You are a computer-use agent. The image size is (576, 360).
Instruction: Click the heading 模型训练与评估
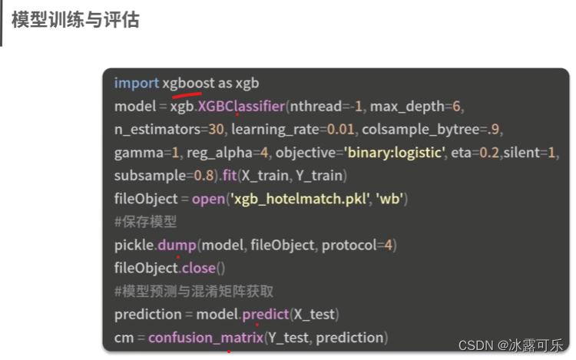click(x=75, y=20)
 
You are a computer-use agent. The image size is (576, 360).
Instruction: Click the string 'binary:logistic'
click(x=395, y=152)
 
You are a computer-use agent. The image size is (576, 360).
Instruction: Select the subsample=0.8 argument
click(x=165, y=176)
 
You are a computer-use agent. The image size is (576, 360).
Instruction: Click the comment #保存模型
click(x=146, y=222)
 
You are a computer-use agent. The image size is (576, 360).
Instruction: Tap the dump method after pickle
click(x=177, y=245)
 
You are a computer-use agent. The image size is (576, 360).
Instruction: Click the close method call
click(x=198, y=269)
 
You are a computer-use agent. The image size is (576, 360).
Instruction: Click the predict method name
click(x=264, y=315)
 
